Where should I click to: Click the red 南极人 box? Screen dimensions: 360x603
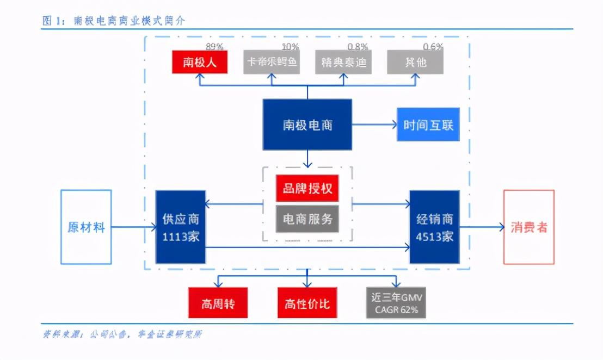point(200,62)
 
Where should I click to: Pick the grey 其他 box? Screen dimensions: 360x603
point(415,62)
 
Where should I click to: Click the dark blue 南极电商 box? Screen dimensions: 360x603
point(307,125)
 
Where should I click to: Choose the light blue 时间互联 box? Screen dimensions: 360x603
point(428,125)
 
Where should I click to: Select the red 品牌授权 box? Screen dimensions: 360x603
point(307,189)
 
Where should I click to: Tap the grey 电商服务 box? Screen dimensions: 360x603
point(307,219)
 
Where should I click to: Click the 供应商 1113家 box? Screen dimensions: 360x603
point(181,227)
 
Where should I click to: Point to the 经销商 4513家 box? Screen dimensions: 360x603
point(434,227)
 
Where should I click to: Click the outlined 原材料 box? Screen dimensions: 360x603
point(86,227)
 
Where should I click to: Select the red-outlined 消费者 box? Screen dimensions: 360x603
point(528,227)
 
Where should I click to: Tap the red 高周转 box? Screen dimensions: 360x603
point(218,303)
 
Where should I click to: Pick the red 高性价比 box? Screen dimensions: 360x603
point(307,303)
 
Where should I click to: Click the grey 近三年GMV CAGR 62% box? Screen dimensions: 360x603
point(396,303)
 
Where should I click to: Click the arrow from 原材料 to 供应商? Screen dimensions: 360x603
point(133,227)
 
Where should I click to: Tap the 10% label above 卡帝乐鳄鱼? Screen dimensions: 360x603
point(290,47)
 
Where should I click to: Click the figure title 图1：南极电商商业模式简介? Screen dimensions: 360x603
point(114,21)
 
